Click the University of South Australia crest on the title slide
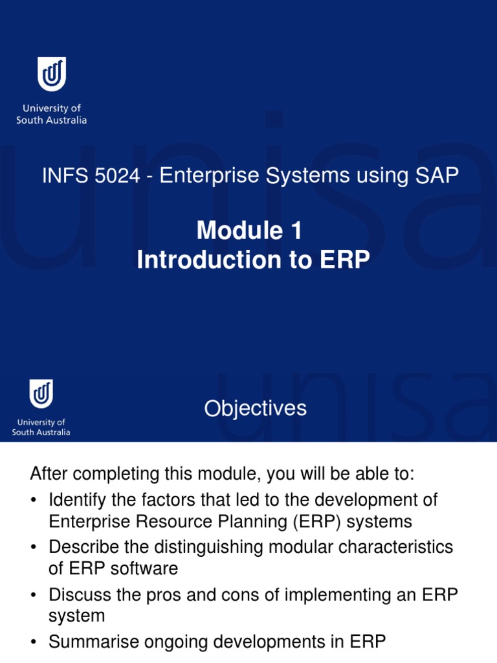point(51,74)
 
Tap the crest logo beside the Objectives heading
point(41,394)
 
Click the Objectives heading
point(255,409)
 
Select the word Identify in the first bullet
point(75,500)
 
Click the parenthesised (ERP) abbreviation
point(307,521)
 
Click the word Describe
point(83,547)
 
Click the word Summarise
point(91,642)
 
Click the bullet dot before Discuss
point(34,595)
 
